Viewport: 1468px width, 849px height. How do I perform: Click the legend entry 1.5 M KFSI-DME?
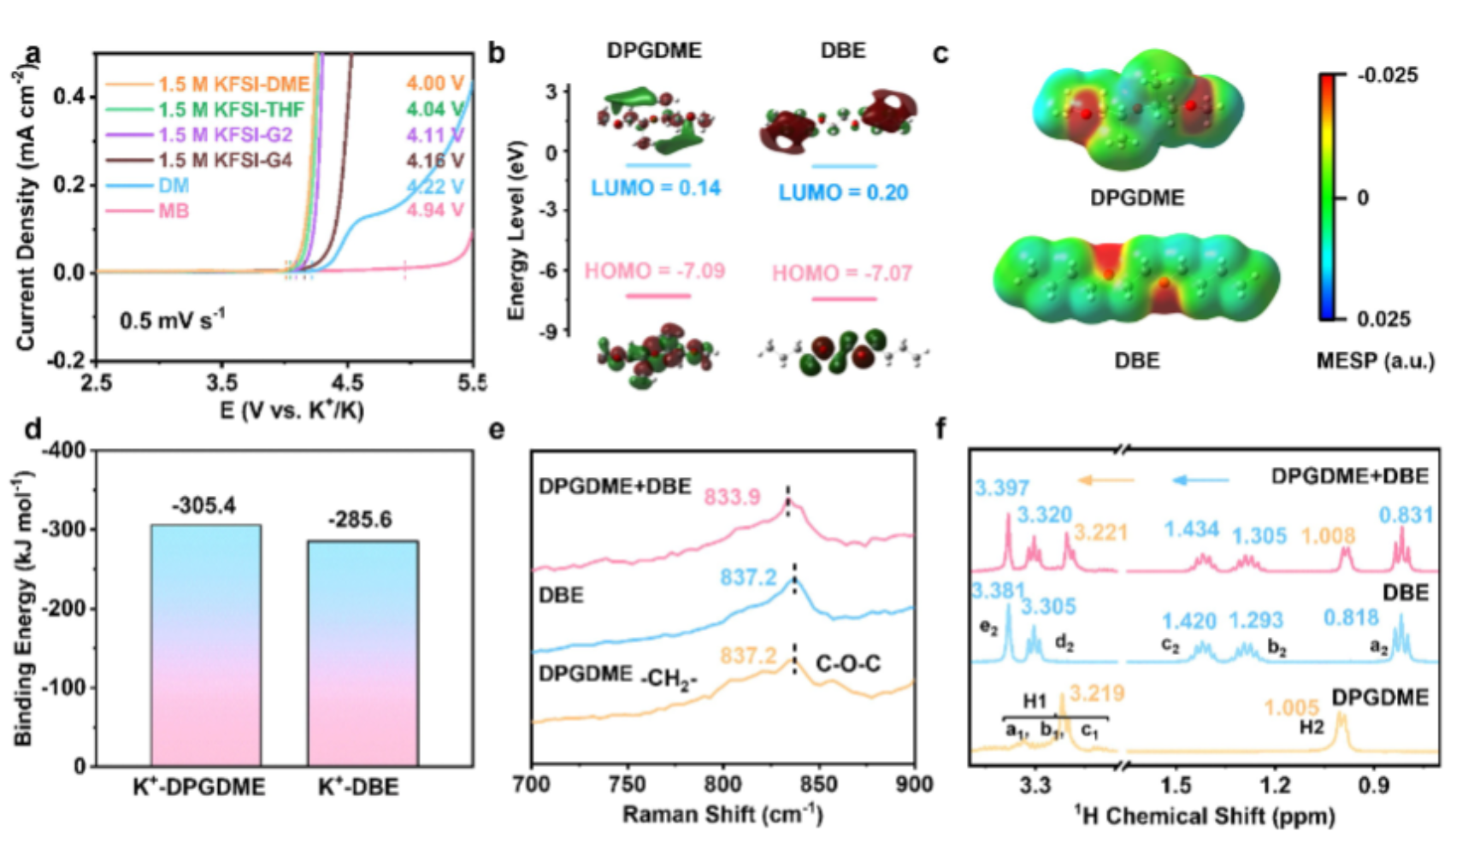233,85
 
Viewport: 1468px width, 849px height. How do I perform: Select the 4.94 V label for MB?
434,210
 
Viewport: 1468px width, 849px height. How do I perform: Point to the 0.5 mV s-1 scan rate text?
172,321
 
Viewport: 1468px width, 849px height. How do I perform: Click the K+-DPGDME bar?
205,646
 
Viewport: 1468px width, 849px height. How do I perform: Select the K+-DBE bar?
363,653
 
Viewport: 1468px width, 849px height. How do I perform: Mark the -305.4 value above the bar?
203,506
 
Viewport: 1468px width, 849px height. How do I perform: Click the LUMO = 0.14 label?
656,188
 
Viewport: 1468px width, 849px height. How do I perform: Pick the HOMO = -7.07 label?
842,273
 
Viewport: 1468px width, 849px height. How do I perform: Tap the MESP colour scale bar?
1327,198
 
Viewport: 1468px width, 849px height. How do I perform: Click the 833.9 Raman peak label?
732,496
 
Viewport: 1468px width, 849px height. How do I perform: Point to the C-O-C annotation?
848,663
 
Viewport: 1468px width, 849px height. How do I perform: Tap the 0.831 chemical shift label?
1406,515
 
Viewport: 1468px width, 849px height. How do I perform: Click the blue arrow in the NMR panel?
1200,481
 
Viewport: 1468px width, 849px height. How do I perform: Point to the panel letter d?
33,428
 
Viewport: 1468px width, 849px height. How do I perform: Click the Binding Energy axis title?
23,607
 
